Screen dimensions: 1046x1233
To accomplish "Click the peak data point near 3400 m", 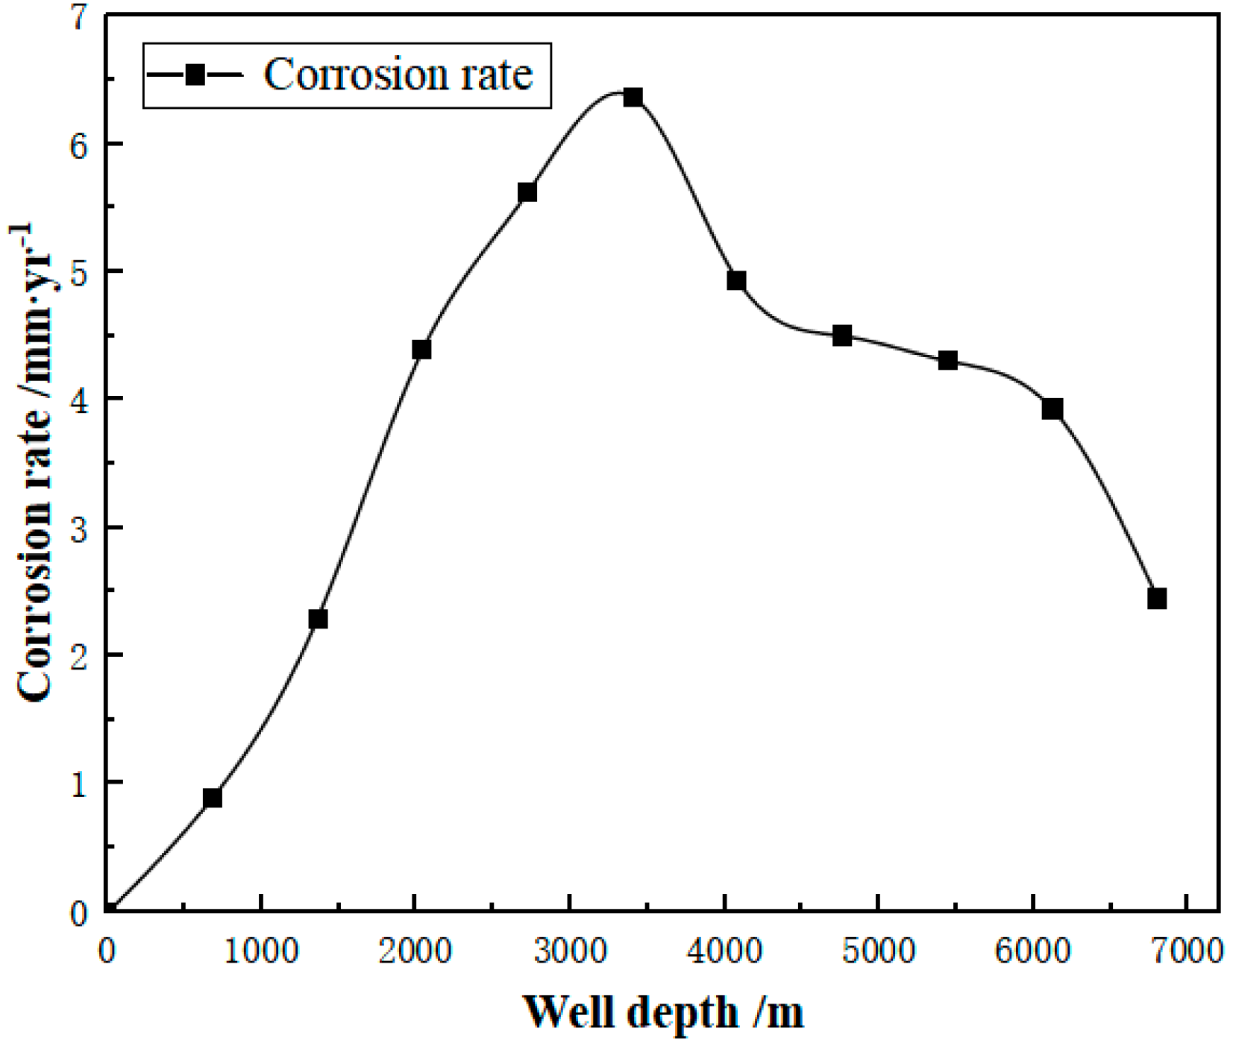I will tap(633, 98).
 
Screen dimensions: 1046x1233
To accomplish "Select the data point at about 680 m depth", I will tap(212, 798).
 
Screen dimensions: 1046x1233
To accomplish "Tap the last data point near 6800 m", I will tap(1157, 599).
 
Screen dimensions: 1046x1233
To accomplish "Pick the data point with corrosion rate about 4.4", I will tap(421, 350).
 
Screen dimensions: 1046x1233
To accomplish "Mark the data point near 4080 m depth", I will tap(736, 281).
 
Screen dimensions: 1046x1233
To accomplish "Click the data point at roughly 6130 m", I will tap(1052, 409).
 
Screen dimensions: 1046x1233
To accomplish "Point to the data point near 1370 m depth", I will tap(318, 620).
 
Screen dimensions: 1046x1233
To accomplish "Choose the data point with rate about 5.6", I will tap(527, 192).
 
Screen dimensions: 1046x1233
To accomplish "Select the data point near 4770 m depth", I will tap(842, 335).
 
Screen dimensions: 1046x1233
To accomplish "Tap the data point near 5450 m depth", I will tap(948, 361).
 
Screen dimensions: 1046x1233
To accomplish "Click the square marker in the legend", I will tap(195, 75).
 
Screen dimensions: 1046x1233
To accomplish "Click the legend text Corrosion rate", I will tap(398, 75).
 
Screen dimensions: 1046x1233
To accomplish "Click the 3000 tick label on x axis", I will tap(570, 952).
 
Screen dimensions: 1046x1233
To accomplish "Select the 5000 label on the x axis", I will tap(879, 952).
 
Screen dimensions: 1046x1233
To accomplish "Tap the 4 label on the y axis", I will tap(80, 400).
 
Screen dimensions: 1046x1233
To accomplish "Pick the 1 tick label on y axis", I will tap(80, 784).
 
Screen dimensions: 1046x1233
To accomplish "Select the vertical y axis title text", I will tap(34, 462).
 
